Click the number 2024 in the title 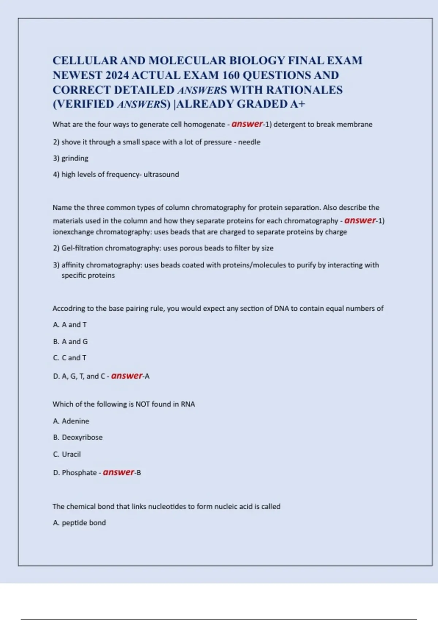(x=117, y=75)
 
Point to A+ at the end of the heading (x=297, y=104)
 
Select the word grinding (x=75, y=158)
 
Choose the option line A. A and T (x=70, y=325)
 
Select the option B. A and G (x=70, y=341)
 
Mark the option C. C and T (x=70, y=358)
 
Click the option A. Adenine (x=71, y=421)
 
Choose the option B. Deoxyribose (x=78, y=437)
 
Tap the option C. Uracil (x=67, y=454)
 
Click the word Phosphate (x=79, y=473)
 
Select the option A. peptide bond (x=79, y=523)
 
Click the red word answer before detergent (x=247, y=124)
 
